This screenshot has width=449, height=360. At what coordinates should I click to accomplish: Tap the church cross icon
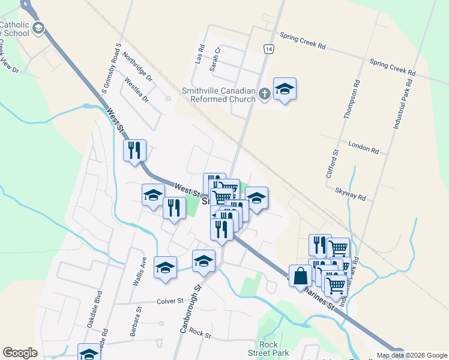[265, 94]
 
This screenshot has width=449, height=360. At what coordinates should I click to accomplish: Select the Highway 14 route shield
[268, 49]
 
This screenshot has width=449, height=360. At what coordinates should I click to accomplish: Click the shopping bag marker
[300, 276]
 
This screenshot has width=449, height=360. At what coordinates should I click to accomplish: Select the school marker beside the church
[285, 89]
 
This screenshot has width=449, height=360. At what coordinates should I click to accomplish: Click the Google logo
[20, 353]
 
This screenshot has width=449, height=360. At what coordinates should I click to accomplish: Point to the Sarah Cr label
[215, 59]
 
